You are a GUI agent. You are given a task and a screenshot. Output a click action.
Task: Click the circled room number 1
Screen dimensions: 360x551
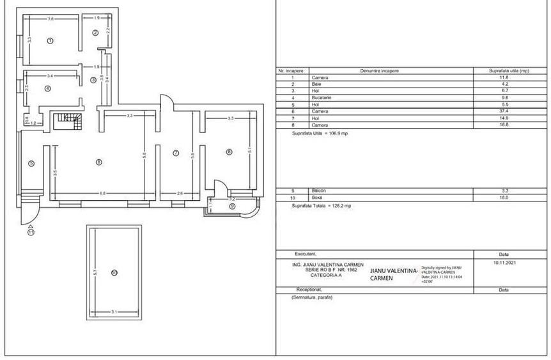[50, 40]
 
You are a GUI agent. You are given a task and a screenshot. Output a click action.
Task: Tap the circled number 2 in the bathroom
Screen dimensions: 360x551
[95, 33]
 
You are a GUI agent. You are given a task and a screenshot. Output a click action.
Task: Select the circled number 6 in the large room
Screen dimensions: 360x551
[98, 162]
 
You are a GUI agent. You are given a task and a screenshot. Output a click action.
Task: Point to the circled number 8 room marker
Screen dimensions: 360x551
[229, 152]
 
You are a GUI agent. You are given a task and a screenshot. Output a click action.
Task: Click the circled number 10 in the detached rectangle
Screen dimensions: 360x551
[114, 273]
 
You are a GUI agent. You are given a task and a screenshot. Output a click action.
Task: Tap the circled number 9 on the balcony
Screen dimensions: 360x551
[232, 206]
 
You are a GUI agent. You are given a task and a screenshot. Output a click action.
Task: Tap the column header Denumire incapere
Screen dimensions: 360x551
[379, 70]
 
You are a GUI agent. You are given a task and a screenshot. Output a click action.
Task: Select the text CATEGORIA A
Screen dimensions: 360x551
[325, 274]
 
